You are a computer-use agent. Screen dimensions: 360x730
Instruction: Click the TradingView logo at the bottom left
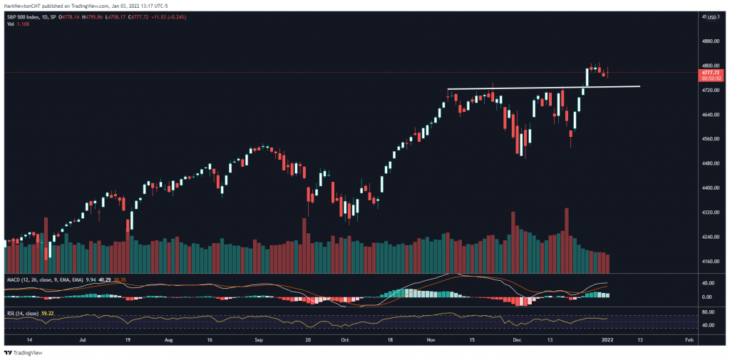[x=25, y=352]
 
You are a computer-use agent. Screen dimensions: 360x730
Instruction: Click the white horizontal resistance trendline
[x=542, y=88]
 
